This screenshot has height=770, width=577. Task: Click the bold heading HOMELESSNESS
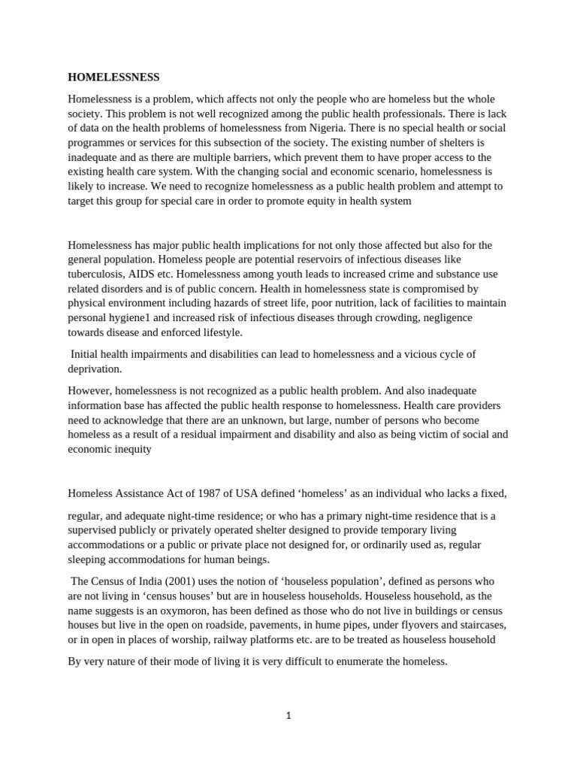point(113,77)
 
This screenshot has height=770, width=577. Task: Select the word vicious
point(417,354)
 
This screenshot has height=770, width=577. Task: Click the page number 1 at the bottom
point(288,716)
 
